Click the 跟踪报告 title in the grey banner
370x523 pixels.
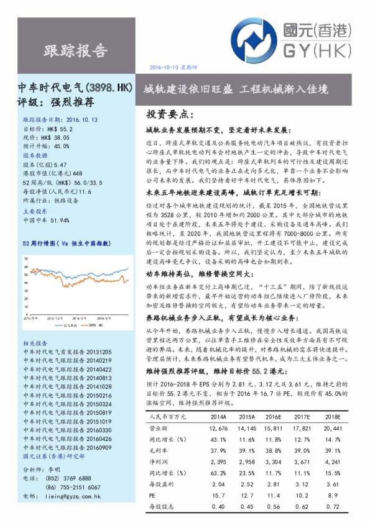tap(75, 50)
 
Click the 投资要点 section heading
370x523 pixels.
tap(169, 115)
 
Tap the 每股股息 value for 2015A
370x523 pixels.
tap(247, 507)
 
